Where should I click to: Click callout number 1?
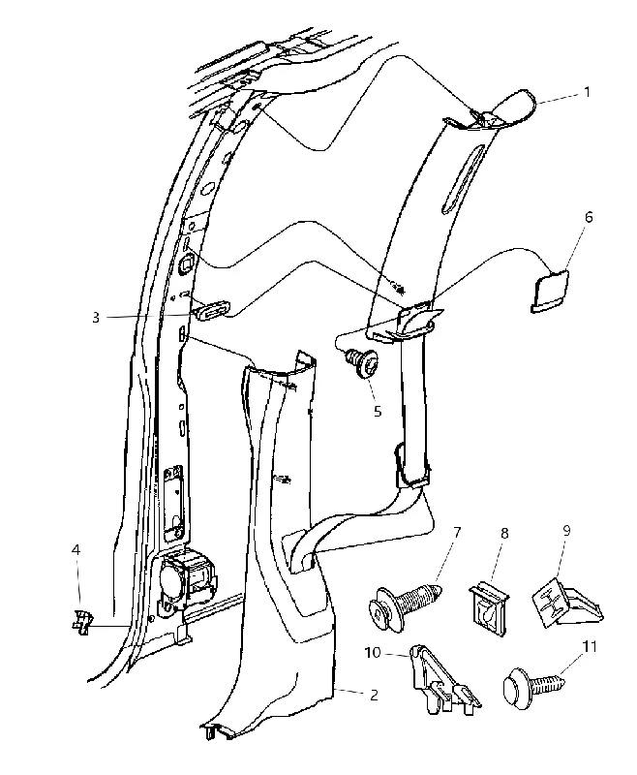pos(587,92)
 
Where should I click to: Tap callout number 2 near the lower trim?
pos(374,695)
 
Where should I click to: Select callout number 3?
pos(96,318)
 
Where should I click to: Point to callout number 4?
pos(76,549)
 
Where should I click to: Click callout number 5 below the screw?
pos(378,411)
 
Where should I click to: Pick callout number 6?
pos(589,216)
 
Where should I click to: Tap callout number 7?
pos(457,532)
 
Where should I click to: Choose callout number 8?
pos(504,534)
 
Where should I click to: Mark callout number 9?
pos(566,530)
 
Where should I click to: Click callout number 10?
pos(373,652)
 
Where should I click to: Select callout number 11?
pos(590,646)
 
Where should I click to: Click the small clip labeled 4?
pos(82,621)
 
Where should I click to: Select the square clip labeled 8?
pos(489,608)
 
